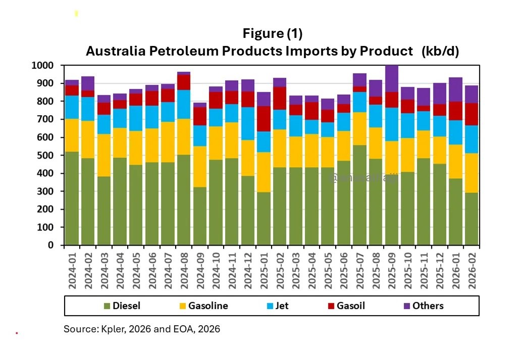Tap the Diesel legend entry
(122, 305)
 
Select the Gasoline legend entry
(202, 305)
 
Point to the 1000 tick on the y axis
(42, 66)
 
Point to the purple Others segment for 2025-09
(392, 79)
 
